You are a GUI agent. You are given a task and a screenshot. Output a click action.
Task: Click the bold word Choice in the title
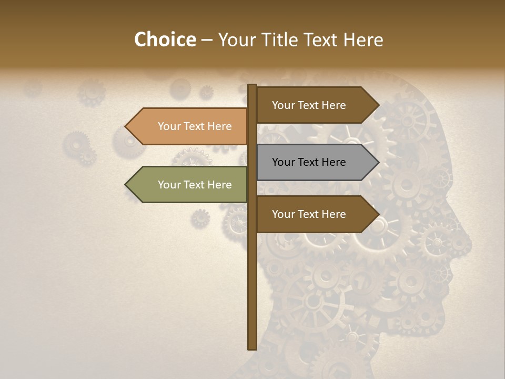click(165, 40)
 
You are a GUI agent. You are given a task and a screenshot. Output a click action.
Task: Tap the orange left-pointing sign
click(189, 126)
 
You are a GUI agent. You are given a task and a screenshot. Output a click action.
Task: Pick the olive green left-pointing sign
click(189, 185)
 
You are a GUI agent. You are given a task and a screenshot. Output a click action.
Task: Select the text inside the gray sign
click(309, 162)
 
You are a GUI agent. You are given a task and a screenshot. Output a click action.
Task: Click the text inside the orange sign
click(195, 126)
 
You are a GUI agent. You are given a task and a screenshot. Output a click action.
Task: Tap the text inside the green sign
click(195, 185)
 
